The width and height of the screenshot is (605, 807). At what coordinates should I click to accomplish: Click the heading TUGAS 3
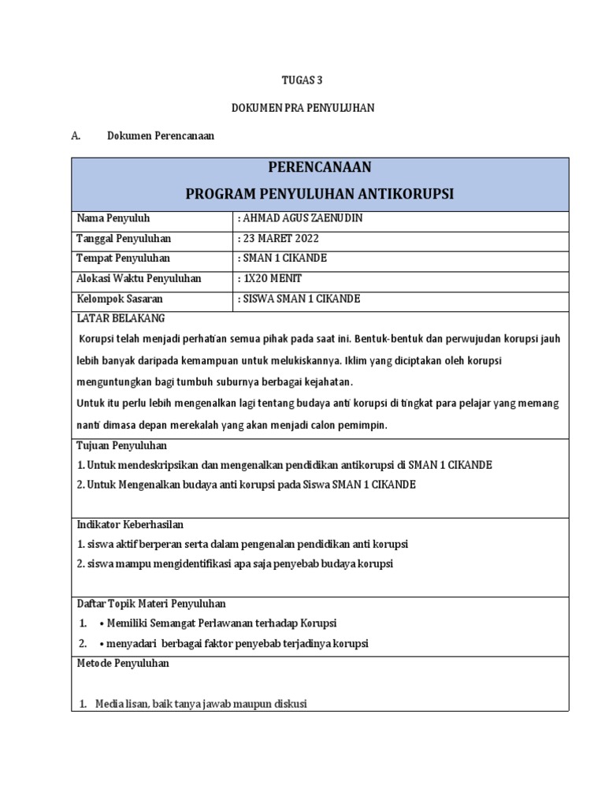tap(302, 80)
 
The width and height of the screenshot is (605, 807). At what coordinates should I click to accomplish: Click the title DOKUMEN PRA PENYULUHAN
tap(302, 108)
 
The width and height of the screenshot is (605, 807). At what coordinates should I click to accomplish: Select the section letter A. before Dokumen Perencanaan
tap(76, 136)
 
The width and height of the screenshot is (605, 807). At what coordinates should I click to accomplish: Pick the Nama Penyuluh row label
tap(112, 218)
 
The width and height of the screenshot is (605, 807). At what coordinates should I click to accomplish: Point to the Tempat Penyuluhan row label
tap(122, 258)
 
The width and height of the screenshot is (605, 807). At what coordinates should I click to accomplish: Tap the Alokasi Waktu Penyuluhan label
tap(138, 279)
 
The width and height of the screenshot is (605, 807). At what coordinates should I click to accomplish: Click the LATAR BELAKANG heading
tap(120, 318)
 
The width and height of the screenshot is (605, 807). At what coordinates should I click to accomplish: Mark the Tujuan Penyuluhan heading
tap(121, 446)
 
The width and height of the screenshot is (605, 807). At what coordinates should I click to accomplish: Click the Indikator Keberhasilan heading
tap(130, 525)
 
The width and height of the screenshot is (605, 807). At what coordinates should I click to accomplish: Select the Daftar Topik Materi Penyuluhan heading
tap(150, 604)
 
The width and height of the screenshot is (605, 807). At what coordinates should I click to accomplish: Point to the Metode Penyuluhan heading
tap(122, 664)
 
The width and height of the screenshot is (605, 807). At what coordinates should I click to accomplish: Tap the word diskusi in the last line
tap(288, 703)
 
